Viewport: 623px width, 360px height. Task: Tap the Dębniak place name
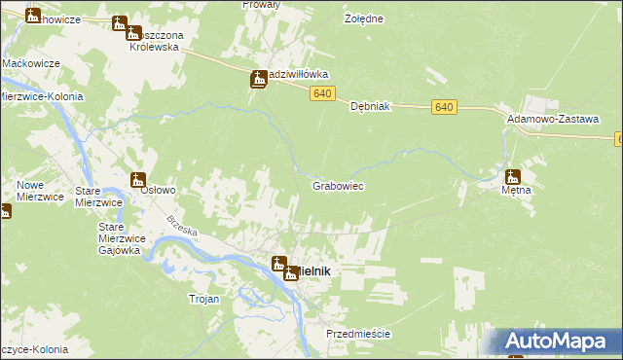click(370, 108)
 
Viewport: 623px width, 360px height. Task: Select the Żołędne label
click(364, 18)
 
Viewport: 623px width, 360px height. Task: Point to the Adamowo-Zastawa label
click(552, 118)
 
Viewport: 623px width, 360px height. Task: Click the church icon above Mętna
click(513, 177)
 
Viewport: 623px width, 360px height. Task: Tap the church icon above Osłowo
click(138, 179)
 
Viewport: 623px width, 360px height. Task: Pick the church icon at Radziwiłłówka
click(259, 80)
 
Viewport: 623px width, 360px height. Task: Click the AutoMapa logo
click(562, 342)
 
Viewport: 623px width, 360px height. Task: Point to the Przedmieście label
click(358, 334)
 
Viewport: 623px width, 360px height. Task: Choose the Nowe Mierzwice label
click(40, 190)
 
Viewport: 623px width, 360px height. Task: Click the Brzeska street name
click(181, 231)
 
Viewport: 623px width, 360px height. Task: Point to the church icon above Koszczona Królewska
click(120, 23)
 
